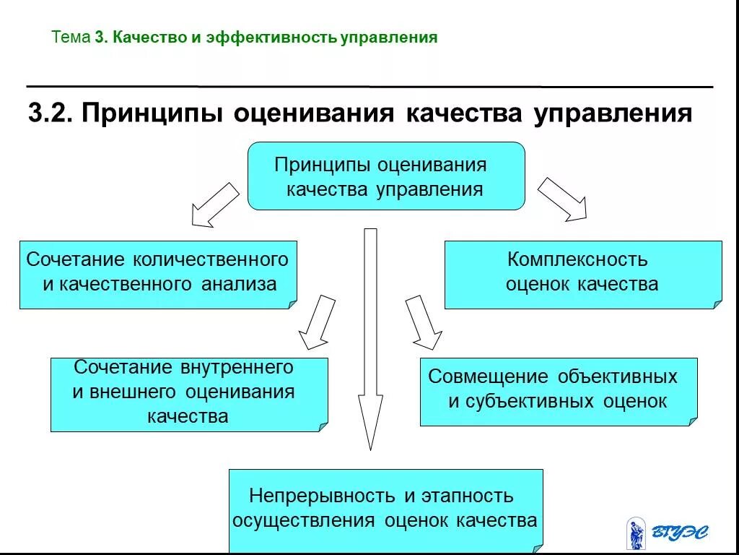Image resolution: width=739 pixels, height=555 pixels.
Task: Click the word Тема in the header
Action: click(x=71, y=38)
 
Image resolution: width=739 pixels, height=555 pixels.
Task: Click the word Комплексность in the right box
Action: click(x=577, y=259)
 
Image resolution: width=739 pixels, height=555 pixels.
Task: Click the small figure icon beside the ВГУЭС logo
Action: click(x=636, y=533)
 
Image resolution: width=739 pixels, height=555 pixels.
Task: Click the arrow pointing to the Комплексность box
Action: click(x=562, y=198)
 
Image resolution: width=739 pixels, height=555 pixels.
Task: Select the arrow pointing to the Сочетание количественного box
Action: click(x=214, y=205)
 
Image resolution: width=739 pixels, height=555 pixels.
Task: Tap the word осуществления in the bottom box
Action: click(x=304, y=520)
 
